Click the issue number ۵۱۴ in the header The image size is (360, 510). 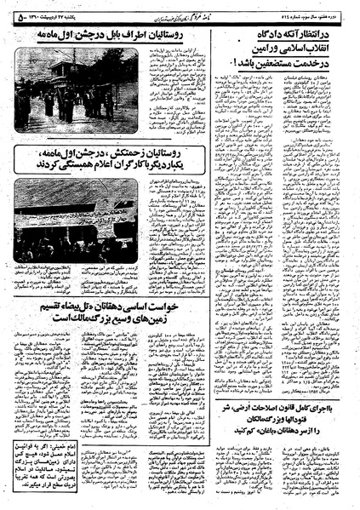(x=327, y=9)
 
